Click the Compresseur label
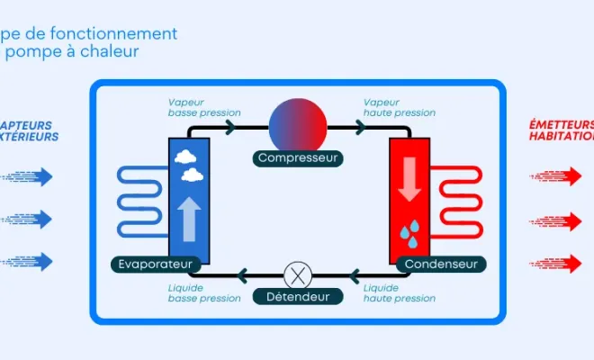297,158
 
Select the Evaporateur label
157,264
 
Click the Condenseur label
440,264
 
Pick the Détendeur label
297,296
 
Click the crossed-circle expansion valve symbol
297,274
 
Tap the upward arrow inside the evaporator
189,219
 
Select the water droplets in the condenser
410,234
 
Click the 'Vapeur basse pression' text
203,107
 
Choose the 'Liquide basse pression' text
203,292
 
